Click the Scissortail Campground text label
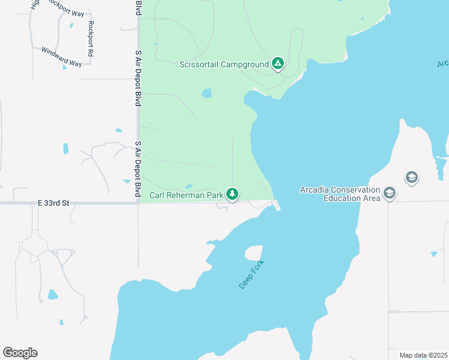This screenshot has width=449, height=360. click(223, 64)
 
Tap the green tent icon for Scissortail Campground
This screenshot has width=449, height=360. click(277, 63)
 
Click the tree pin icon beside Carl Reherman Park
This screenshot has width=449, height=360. click(232, 194)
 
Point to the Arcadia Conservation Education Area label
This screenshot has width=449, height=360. click(340, 194)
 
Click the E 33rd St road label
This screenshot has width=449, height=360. click(53, 203)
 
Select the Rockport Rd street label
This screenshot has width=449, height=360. click(91, 39)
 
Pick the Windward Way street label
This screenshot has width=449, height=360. click(61, 55)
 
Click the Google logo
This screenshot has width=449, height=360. click(20, 353)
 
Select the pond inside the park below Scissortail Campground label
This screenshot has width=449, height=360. click(206, 93)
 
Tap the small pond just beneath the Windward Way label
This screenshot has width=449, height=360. click(65, 67)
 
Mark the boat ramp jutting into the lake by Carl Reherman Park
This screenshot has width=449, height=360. click(276, 206)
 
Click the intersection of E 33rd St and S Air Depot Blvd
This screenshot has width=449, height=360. click(138, 203)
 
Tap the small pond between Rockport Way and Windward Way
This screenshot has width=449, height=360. click(71, 25)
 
